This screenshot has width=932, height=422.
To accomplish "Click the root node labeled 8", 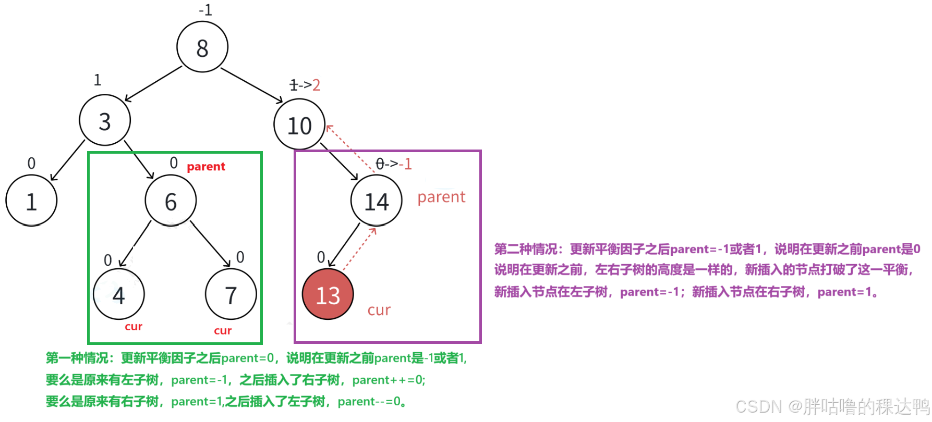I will [202, 47].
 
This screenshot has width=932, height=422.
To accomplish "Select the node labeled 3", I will [105, 121].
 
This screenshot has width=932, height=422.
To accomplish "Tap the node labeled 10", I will [299, 125].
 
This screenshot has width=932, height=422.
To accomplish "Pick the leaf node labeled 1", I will [31, 201].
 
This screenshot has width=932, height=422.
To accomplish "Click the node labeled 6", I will [171, 201].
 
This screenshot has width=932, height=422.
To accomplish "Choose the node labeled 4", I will [119, 295].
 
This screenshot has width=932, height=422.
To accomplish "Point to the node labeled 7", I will [231, 295].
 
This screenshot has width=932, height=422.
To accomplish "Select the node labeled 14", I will [376, 201].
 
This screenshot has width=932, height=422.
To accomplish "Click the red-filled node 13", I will [328, 295].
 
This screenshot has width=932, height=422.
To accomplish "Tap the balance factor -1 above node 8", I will [205, 10].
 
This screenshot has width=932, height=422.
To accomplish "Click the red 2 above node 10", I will [316, 85].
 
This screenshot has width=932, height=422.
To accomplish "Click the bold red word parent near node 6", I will [206, 167].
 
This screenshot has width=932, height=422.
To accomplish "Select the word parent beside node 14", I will [441, 197].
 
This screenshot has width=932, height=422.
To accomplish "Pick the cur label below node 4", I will [134, 327].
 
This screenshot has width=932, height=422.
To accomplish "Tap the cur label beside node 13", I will [379, 311].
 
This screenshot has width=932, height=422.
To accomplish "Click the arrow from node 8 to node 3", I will [153, 84].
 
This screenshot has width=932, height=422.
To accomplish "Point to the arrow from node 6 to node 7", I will [210, 244].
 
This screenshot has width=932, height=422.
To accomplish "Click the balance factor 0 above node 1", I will [31, 163].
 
